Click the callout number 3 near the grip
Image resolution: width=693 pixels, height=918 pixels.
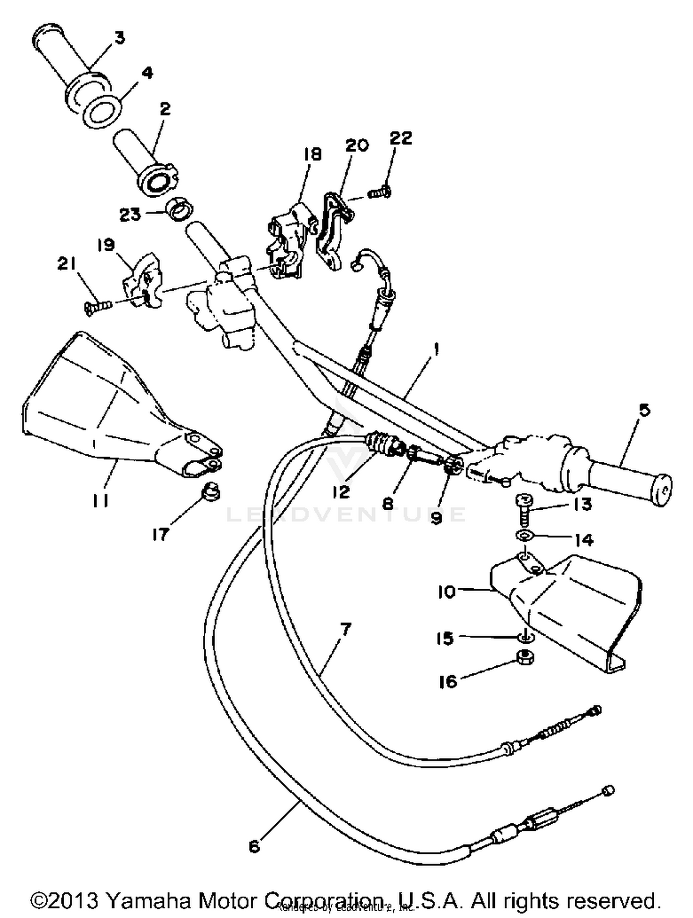pos(120,38)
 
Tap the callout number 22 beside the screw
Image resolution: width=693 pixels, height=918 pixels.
pos(401,138)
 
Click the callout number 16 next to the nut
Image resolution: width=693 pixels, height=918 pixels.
pos(448,682)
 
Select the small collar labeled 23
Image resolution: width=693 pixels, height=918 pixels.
pos(181,209)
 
